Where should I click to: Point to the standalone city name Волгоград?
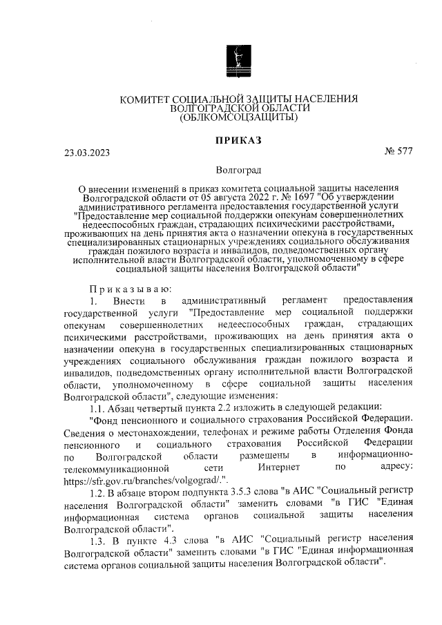(x=238, y=169)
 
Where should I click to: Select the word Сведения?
(x=84, y=432)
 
